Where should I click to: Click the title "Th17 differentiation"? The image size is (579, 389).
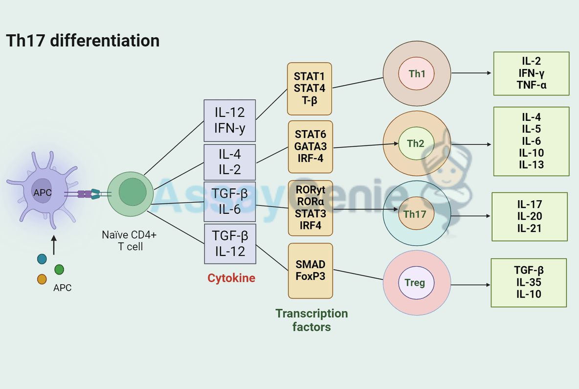pos(83,41)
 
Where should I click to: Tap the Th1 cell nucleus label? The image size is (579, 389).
pos(417,74)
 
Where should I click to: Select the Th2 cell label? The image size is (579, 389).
pos(415,143)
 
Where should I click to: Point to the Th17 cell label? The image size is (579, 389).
pos(415,214)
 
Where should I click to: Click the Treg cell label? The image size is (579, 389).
pos(415,282)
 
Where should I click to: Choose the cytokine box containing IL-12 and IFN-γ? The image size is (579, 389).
pos(230,121)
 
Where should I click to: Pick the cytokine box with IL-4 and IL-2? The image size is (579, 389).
pos(230,162)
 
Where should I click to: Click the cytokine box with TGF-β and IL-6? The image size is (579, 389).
pos(230,202)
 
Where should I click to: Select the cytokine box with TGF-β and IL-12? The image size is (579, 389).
pos(230,243)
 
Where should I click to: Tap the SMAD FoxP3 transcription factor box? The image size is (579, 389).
pos(311,271)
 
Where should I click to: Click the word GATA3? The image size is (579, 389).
pos(311,146)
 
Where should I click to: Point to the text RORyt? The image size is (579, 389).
pos(311,189)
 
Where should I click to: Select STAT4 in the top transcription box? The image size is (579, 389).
pos(310,89)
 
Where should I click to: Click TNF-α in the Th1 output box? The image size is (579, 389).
pos(532,85)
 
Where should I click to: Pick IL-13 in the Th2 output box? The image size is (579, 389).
pos(532,164)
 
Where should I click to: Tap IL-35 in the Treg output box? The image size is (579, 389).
pos(529,282)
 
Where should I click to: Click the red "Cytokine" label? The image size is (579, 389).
pos(231,278)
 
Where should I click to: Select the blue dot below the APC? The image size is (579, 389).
pos(42,259)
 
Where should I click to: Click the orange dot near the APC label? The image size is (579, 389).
pos(42,279)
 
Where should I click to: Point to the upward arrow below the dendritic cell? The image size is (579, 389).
pos(54,245)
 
